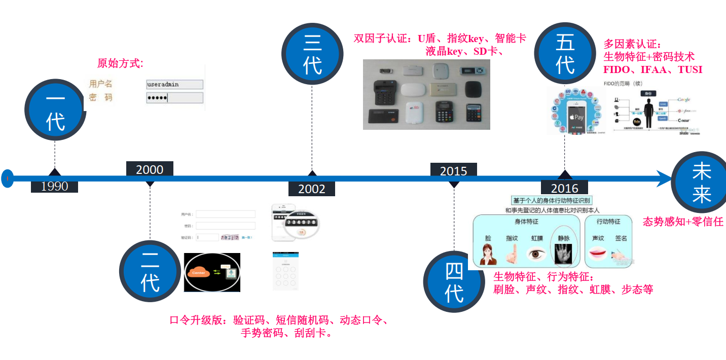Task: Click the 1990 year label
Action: click(x=54, y=186)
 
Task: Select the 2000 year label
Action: click(x=150, y=169)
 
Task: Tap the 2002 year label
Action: click(x=311, y=189)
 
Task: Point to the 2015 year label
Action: click(x=453, y=171)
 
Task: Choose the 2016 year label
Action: click(x=564, y=189)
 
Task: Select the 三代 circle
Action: click(x=312, y=53)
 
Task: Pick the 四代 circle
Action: click(x=454, y=281)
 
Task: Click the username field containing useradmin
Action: click(x=174, y=85)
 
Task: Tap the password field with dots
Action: click(x=174, y=98)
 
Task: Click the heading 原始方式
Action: click(x=120, y=63)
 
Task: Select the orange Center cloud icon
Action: click(x=199, y=273)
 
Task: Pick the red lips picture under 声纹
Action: click(x=598, y=253)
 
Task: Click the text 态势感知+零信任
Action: click(x=682, y=221)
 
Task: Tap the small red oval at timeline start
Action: click(x=7, y=178)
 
